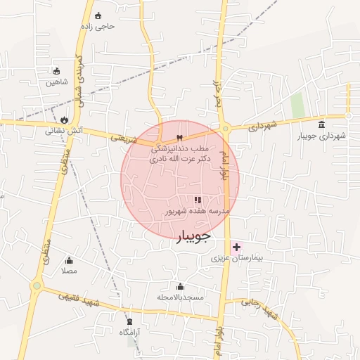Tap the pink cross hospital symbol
[236, 247]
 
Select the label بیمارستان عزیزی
[237, 259]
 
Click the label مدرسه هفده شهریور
[197, 210]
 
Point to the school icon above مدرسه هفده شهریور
[198, 200]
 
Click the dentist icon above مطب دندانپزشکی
[180, 138]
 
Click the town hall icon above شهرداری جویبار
[321, 124]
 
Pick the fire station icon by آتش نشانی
[65, 120]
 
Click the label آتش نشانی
[65, 131]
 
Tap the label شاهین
[57, 82]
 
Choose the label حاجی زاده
[97, 26]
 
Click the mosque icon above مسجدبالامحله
[180, 286]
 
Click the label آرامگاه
[128, 331]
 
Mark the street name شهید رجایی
[257, 303]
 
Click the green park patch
[297, 105]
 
